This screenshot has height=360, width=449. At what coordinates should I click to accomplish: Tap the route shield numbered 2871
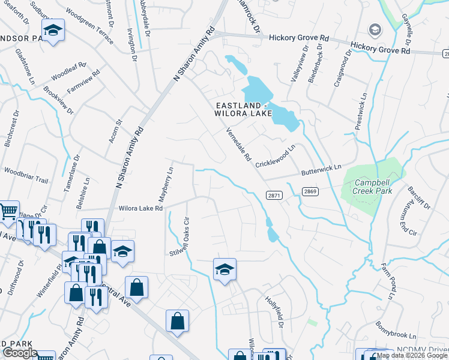(x=274, y=196)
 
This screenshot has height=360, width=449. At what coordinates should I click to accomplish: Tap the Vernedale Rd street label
(x=238, y=145)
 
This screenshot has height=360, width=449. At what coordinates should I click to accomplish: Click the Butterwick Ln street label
(x=321, y=170)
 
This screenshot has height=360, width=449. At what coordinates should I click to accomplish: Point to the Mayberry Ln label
(x=169, y=179)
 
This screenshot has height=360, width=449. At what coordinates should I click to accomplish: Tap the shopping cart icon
(x=8, y=211)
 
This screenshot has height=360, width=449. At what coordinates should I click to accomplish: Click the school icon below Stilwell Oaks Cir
(x=224, y=269)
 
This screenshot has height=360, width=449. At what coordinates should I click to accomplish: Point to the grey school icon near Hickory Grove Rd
(x=375, y=30)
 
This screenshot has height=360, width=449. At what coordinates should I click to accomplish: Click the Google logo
(x=20, y=353)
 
